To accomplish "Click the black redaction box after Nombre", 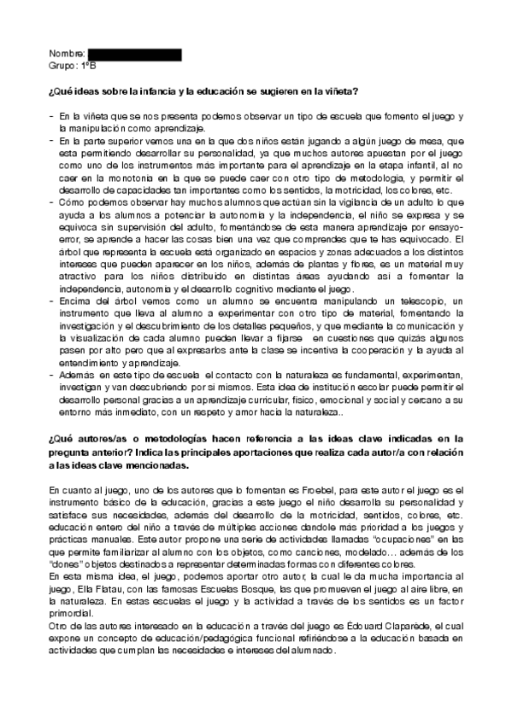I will click(x=134, y=55).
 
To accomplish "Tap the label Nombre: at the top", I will click(x=68, y=55).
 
